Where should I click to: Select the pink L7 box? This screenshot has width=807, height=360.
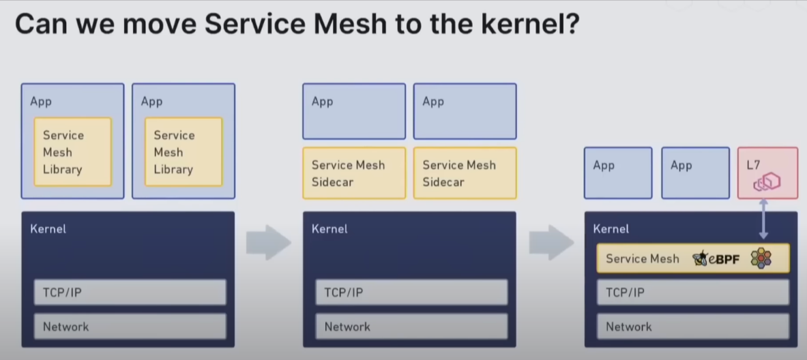pyautogui.click(x=767, y=173)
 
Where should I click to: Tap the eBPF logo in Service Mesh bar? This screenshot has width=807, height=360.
pyautogui.click(x=716, y=258)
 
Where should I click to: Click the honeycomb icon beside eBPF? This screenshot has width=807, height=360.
pyautogui.click(x=761, y=258)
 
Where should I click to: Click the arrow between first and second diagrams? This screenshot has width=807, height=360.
pyautogui.click(x=268, y=243)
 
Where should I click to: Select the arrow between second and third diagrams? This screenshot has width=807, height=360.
pyautogui.click(x=551, y=243)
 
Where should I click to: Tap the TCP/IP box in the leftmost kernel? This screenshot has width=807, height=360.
pyautogui.click(x=130, y=292)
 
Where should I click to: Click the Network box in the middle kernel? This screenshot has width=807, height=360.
pyautogui.click(x=411, y=327)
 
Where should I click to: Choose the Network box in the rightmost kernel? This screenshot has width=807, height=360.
pyautogui.click(x=692, y=327)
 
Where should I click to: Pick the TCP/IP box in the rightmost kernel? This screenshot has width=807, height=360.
pyautogui.click(x=692, y=292)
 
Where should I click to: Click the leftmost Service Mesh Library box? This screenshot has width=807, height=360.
pyautogui.click(x=72, y=152)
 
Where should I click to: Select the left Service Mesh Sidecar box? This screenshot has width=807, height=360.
pyautogui.click(x=354, y=173)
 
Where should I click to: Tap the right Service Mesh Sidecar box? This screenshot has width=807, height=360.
pyautogui.click(x=465, y=173)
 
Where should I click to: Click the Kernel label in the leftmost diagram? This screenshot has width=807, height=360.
pyautogui.click(x=48, y=229)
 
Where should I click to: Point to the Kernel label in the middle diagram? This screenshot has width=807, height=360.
pyautogui.click(x=329, y=229)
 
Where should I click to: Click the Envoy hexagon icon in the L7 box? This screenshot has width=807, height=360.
pyautogui.click(x=767, y=183)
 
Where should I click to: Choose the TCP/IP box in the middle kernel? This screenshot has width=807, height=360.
pyautogui.click(x=411, y=292)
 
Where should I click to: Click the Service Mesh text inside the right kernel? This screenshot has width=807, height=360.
pyautogui.click(x=642, y=259)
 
